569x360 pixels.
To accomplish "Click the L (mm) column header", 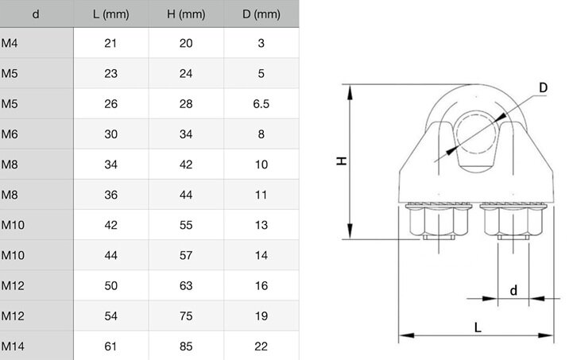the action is pos(111,14).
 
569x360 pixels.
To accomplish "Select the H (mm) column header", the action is pos(186,14).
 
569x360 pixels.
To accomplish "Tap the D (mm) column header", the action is pos(261,14).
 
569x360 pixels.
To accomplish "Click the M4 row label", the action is pos(10,44).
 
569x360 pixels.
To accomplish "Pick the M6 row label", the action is pos(10,134).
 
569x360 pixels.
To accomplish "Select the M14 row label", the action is pos(13,346).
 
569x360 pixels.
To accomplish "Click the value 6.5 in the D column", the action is pos(261,104).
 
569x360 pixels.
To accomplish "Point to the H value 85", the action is pos(186,346).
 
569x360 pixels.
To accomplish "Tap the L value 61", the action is pos(110,346).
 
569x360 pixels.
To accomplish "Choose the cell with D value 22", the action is pos(261,346).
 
